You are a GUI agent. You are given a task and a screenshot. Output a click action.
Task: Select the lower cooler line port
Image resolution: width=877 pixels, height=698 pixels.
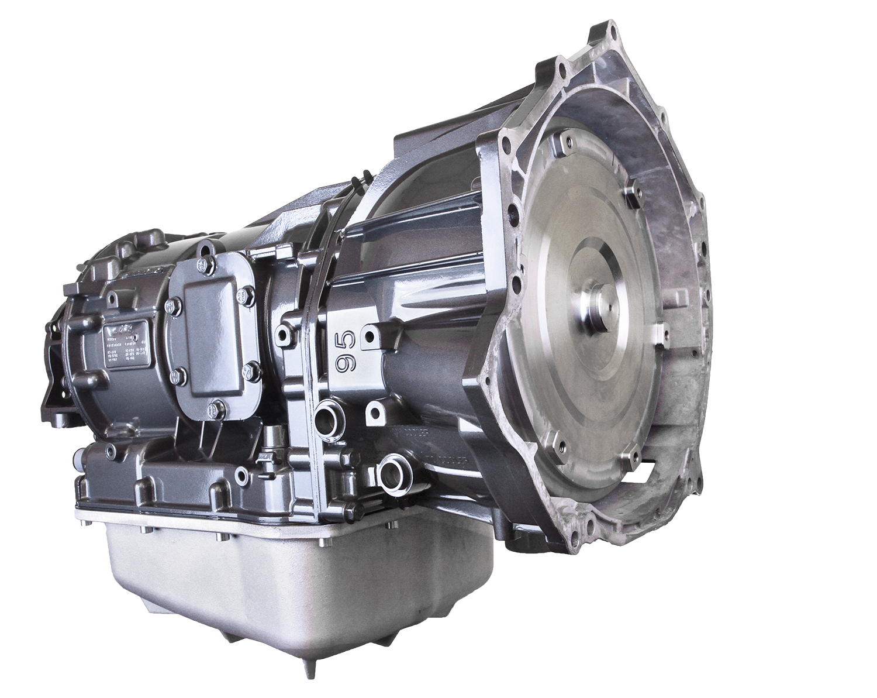pyautogui.click(x=387, y=469)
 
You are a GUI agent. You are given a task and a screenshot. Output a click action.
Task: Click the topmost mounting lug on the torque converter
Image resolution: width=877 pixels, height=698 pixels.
pyautogui.click(x=564, y=140)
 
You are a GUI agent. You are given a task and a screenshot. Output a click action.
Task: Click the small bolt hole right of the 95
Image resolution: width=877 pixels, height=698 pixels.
pyautogui.click(x=371, y=336)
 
